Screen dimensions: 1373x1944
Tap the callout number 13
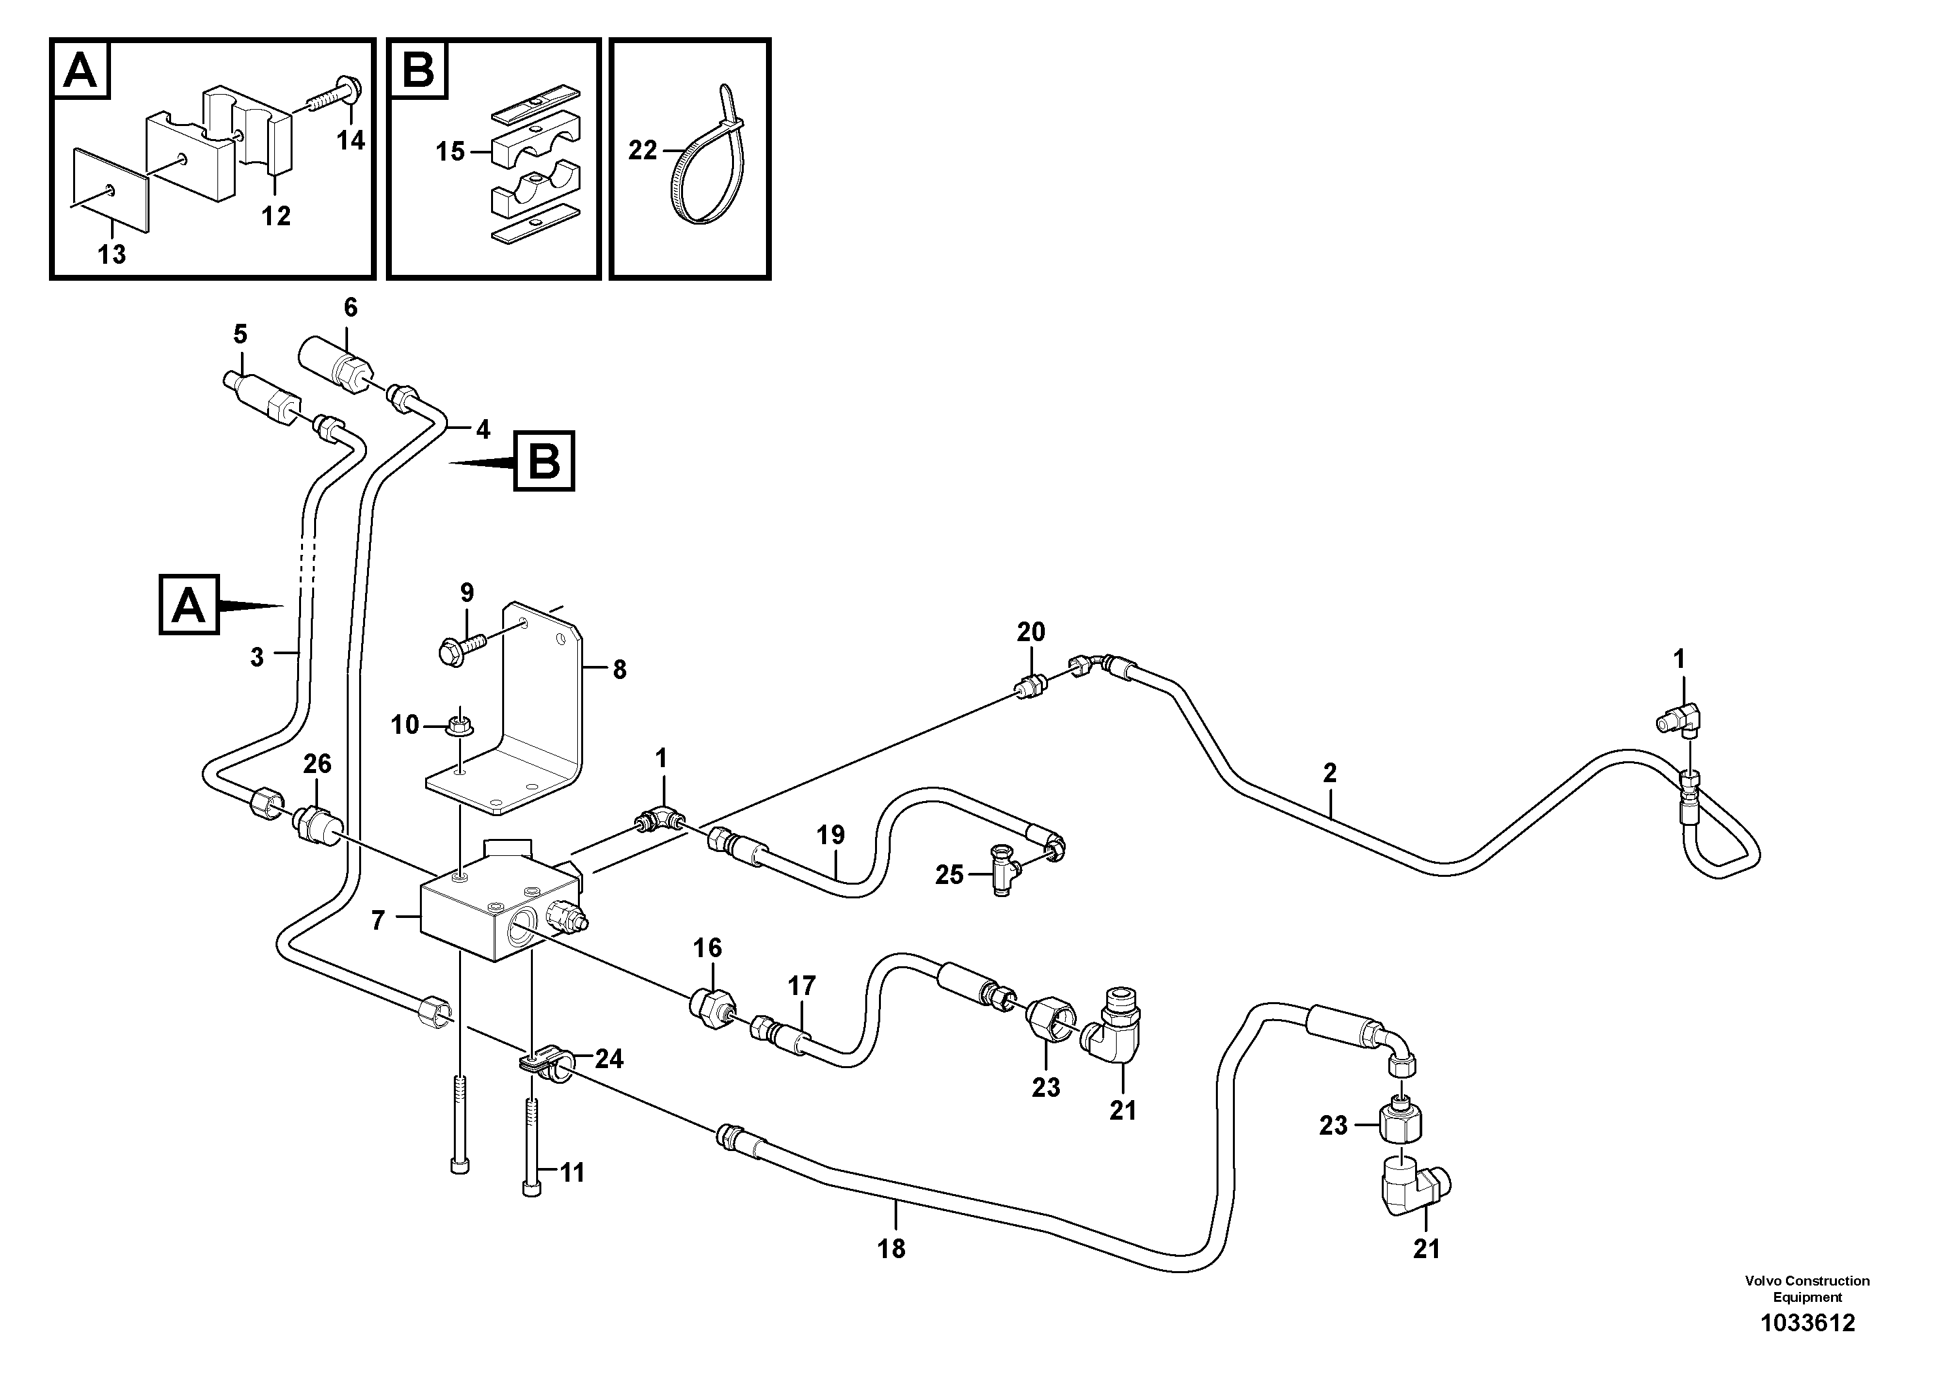pyautogui.click(x=111, y=253)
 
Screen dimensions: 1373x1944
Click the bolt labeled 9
pyautogui.click(x=458, y=673)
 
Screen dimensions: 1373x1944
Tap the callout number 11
pyautogui.click(x=573, y=1173)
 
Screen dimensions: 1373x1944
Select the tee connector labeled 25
pyautogui.click(x=1002, y=874)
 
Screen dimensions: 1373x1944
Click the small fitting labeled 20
pyautogui.click(x=1031, y=687)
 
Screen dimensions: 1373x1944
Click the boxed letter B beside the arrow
pyautogui.click(x=545, y=462)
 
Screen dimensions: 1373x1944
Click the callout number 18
pyautogui.click(x=891, y=1248)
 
